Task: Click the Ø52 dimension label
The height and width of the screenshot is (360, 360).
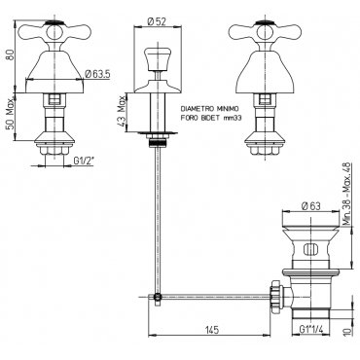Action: pyautogui.click(x=157, y=21)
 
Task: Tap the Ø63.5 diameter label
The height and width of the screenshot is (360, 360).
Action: pyautogui.click(x=97, y=74)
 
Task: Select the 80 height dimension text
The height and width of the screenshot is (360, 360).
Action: pyautogui.click(x=11, y=54)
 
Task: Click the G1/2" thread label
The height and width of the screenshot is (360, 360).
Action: pyautogui.click(x=84, y=161)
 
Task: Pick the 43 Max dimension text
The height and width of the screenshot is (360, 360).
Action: pyautogui.click(x=123, y=112)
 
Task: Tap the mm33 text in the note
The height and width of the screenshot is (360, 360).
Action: pyautogui.click(x=233, y=119)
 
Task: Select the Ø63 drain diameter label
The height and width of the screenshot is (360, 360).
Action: pyautogui.click(x=310, y=206)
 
